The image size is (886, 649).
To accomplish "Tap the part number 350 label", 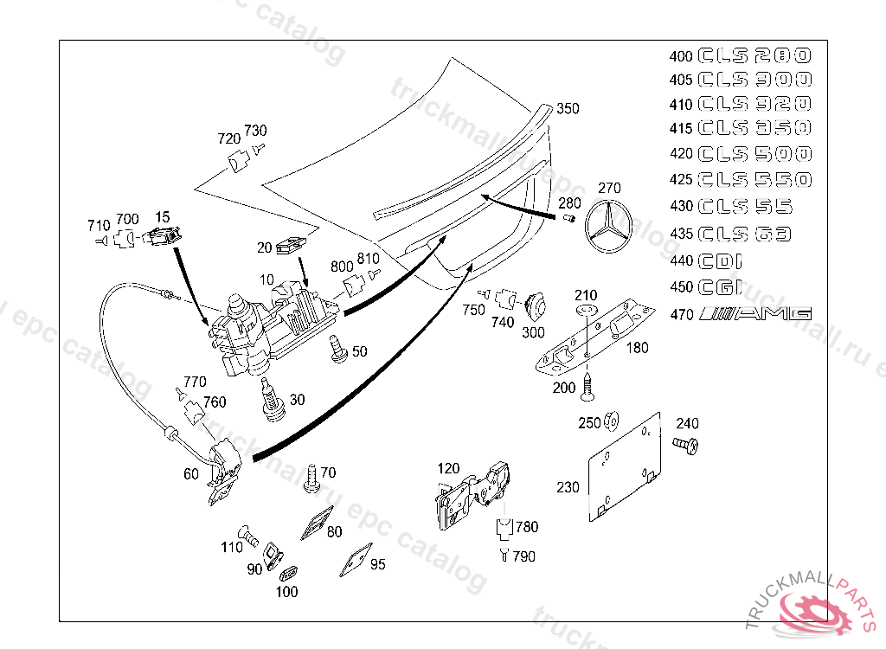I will click(568, 109).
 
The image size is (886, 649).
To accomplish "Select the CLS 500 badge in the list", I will click(754, 154).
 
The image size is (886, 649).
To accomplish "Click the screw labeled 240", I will click(686, 446).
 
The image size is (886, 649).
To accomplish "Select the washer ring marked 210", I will click(586, 310).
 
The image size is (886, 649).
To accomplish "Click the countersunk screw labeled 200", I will click(587, 385).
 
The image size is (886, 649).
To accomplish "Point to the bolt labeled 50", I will click(336, 349).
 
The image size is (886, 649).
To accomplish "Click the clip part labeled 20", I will click(290, 247).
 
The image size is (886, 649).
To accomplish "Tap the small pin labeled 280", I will click(570, 220).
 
